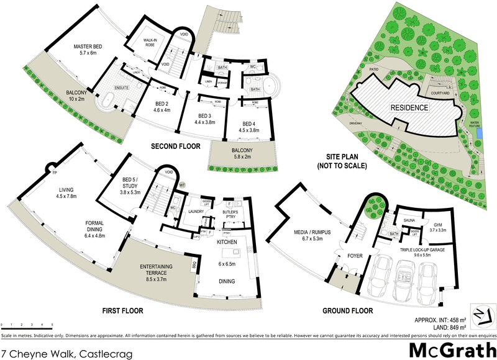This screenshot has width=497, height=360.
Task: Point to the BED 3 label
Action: click(205, 119)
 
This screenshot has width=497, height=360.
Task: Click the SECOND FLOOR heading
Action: click(176, 146)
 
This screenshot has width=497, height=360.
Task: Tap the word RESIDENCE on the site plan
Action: click(409, 108)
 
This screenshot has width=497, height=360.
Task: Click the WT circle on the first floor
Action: click(183, 185)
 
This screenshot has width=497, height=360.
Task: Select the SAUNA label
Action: click(409, 220)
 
